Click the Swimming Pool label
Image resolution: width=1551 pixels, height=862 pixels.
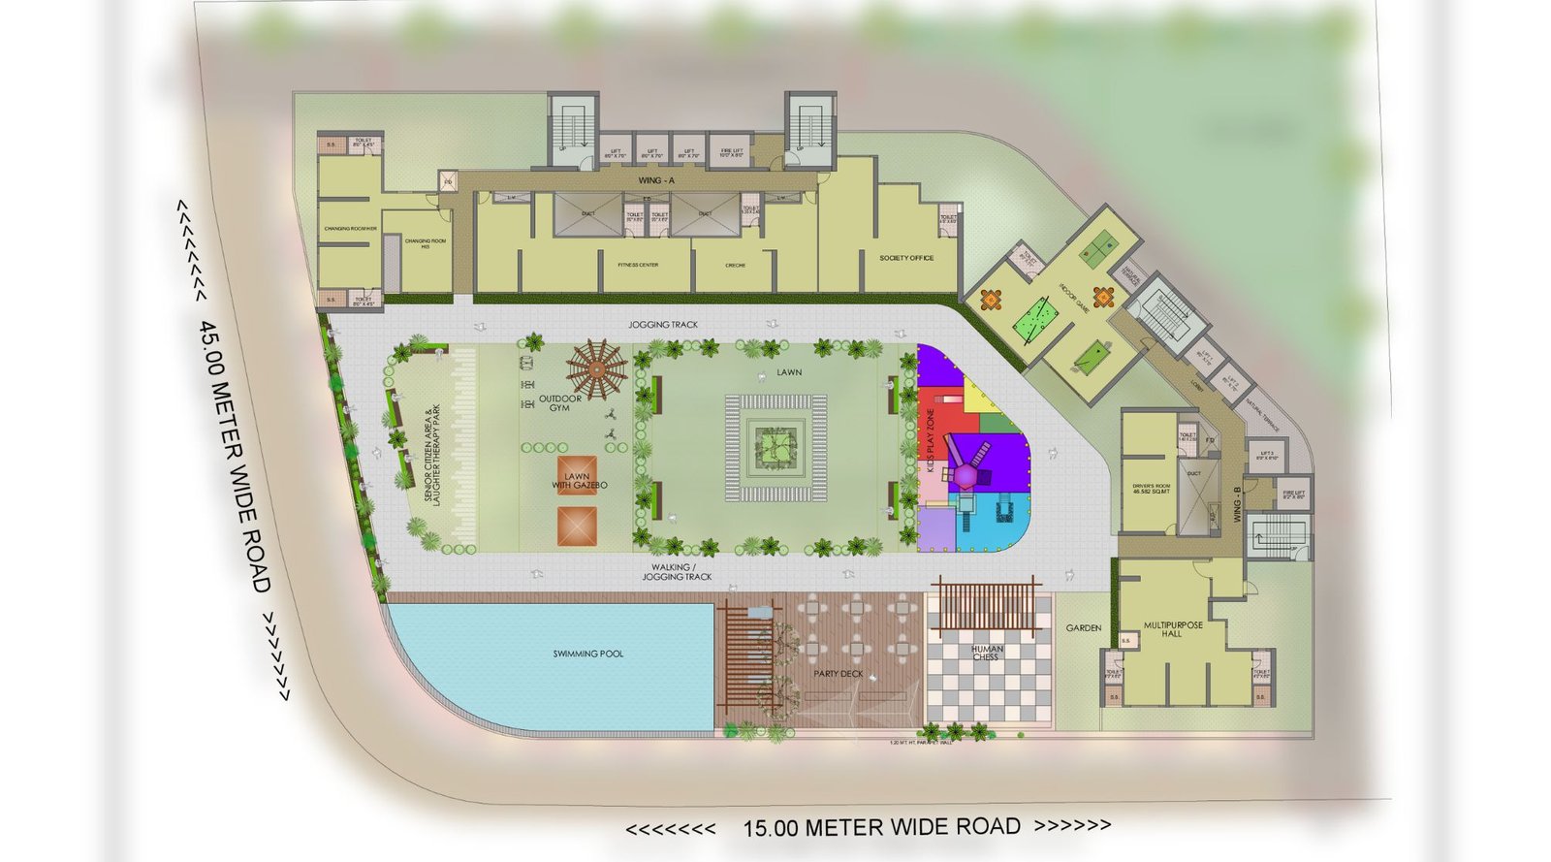(588, 654)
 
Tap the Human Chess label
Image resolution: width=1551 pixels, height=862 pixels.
(987, 654)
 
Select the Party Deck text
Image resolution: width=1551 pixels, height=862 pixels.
(839, 673)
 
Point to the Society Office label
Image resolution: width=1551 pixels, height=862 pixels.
(906, 258)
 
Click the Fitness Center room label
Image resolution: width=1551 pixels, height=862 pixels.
(639, 265)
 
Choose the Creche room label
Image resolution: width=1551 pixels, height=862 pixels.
(735, 265)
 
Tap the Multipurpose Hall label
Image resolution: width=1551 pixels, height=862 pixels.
(1173, 629)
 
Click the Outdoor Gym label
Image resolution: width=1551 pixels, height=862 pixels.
(560, 403)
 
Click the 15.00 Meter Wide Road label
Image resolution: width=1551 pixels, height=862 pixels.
(881, 827)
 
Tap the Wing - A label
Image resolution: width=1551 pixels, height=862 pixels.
(657, 180)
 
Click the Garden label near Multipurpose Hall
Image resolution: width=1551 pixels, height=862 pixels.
(1084, 628)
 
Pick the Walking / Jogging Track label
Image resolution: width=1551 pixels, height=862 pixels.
(676, 572)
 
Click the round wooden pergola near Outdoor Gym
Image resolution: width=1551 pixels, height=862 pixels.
(596, 369)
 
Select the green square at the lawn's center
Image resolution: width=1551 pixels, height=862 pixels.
(776, 447)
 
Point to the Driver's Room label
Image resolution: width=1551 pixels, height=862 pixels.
(1151, 489)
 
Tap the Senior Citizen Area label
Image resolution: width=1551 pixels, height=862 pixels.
(433, 453)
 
